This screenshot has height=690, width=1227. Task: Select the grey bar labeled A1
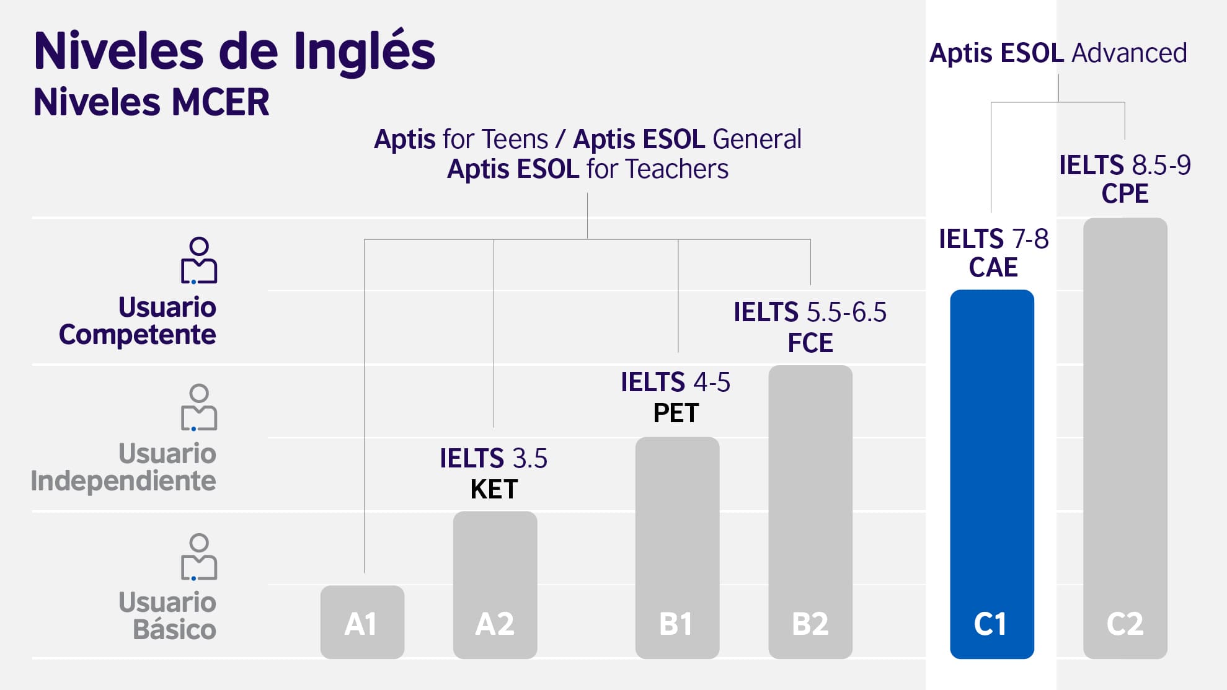[x=362, y=622]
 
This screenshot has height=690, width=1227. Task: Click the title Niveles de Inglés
[x=234, y=51]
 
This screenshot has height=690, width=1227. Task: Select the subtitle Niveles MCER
[x=151, y=102]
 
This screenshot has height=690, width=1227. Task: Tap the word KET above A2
[x=494, y=490]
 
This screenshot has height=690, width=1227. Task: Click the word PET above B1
[x=676, y=414]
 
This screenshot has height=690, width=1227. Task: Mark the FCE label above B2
[x=810, y=343]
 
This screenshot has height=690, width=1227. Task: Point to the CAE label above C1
[x=993, y=268]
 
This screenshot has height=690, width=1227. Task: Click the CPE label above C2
[x=1125, y=194]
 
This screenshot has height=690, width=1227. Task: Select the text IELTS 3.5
[x=494, y=459]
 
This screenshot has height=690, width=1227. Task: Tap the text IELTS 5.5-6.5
[x=810, y=312]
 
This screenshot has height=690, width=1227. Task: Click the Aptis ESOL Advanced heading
[x=1058, y=53]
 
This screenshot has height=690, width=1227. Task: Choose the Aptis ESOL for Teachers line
[x=587, y=169]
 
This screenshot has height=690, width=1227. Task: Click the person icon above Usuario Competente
[x=198, y=260]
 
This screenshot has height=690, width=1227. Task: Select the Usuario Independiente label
[x=124, y=467]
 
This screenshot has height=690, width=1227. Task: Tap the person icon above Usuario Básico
[x=198, y=557]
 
